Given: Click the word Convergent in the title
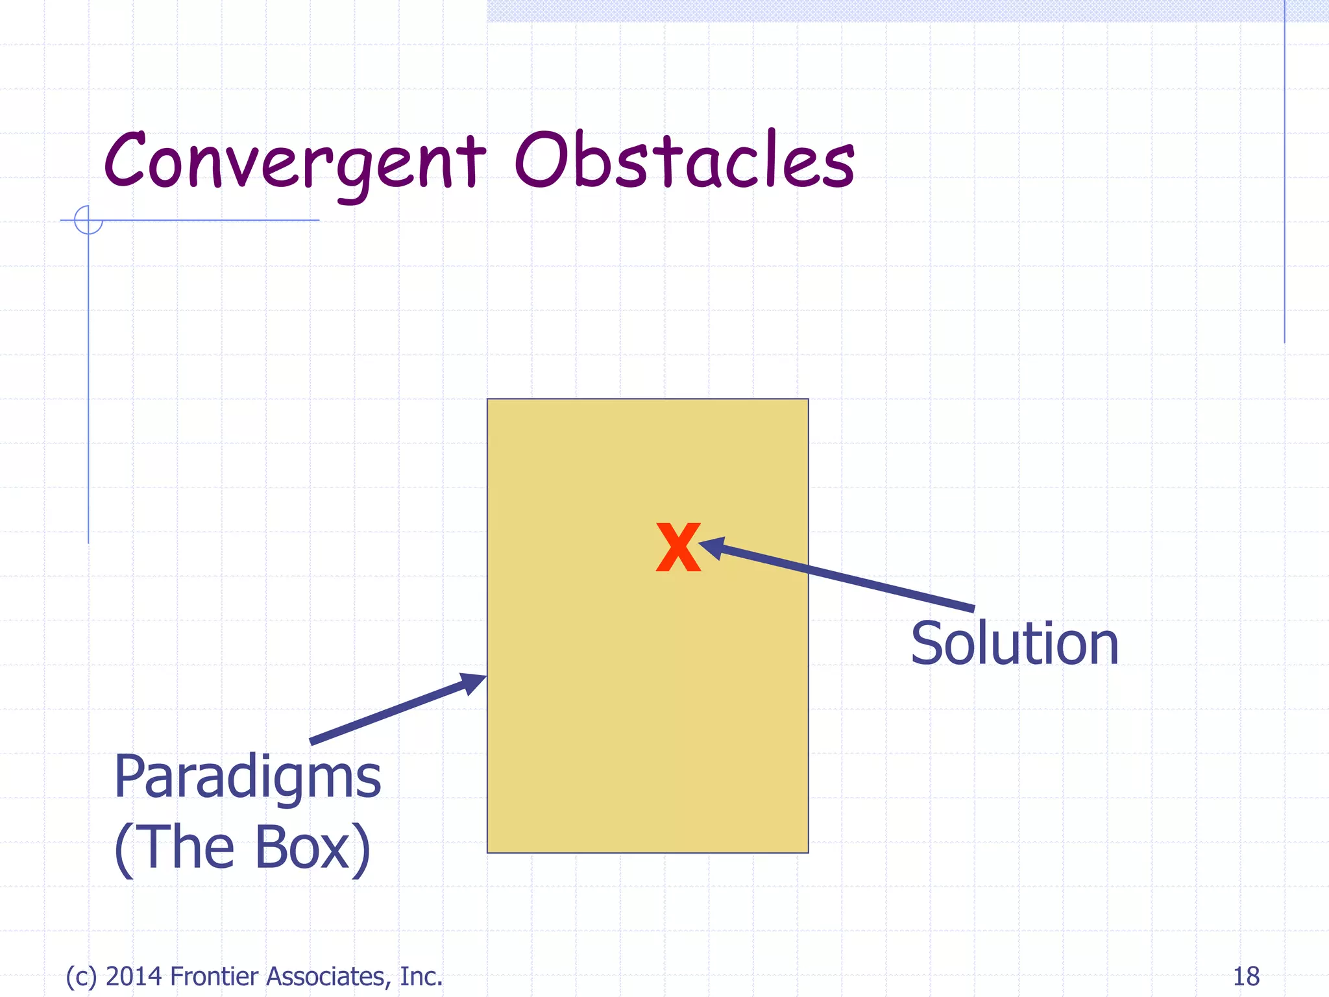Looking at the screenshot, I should (295, 162).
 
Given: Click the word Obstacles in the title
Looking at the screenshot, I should (685, 161).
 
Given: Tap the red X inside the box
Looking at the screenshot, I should (678, 547).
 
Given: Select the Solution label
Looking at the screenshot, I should (1014, 644).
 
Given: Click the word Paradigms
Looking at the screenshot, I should (247, 779).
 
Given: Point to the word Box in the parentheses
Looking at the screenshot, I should (303, 848).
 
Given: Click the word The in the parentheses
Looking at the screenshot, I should (188, 848).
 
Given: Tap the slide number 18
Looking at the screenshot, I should (1246, 976).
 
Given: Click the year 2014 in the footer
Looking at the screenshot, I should (134, 976).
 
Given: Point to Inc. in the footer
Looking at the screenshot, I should (421, 976).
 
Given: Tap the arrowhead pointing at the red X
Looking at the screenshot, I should (712, 547).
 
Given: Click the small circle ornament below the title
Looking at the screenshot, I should (88, 220).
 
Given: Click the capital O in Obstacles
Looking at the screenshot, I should (541, 160).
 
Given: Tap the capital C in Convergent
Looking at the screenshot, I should (126, 160).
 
